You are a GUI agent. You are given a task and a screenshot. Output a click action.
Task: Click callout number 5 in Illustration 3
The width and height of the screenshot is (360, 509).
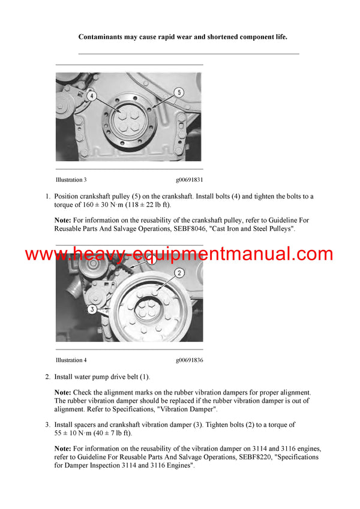click(x=178, y=92)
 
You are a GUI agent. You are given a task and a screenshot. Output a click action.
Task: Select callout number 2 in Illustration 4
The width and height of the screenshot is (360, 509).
click(x=179, y=273)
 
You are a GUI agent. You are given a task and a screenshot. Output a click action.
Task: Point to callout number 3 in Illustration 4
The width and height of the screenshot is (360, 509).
click(x=92, y=309)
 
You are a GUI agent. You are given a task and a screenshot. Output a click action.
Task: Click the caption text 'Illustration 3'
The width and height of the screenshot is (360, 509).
click(x=71, y=179)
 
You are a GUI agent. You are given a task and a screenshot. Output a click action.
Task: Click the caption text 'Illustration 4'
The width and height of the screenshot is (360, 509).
click(x=71, y=360)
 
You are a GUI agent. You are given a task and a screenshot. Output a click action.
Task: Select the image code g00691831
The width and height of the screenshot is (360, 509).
click(x=190, y=179)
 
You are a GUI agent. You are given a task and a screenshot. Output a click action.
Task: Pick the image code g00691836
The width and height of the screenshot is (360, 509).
click(x=190, y=360)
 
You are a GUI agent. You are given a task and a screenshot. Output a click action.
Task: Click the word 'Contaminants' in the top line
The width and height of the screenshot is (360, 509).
click(x=104, y=37)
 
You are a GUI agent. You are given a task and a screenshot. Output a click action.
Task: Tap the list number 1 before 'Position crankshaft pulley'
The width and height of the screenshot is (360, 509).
click(x=47, y=197)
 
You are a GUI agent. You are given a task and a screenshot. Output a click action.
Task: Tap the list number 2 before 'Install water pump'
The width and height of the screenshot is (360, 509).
click(x=47, y=377)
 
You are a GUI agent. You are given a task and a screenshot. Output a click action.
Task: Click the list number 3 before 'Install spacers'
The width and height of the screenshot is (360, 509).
click(x=47, y=425)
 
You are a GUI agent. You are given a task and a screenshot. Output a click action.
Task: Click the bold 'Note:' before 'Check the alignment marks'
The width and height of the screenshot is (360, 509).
click(x=63, y=392)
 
